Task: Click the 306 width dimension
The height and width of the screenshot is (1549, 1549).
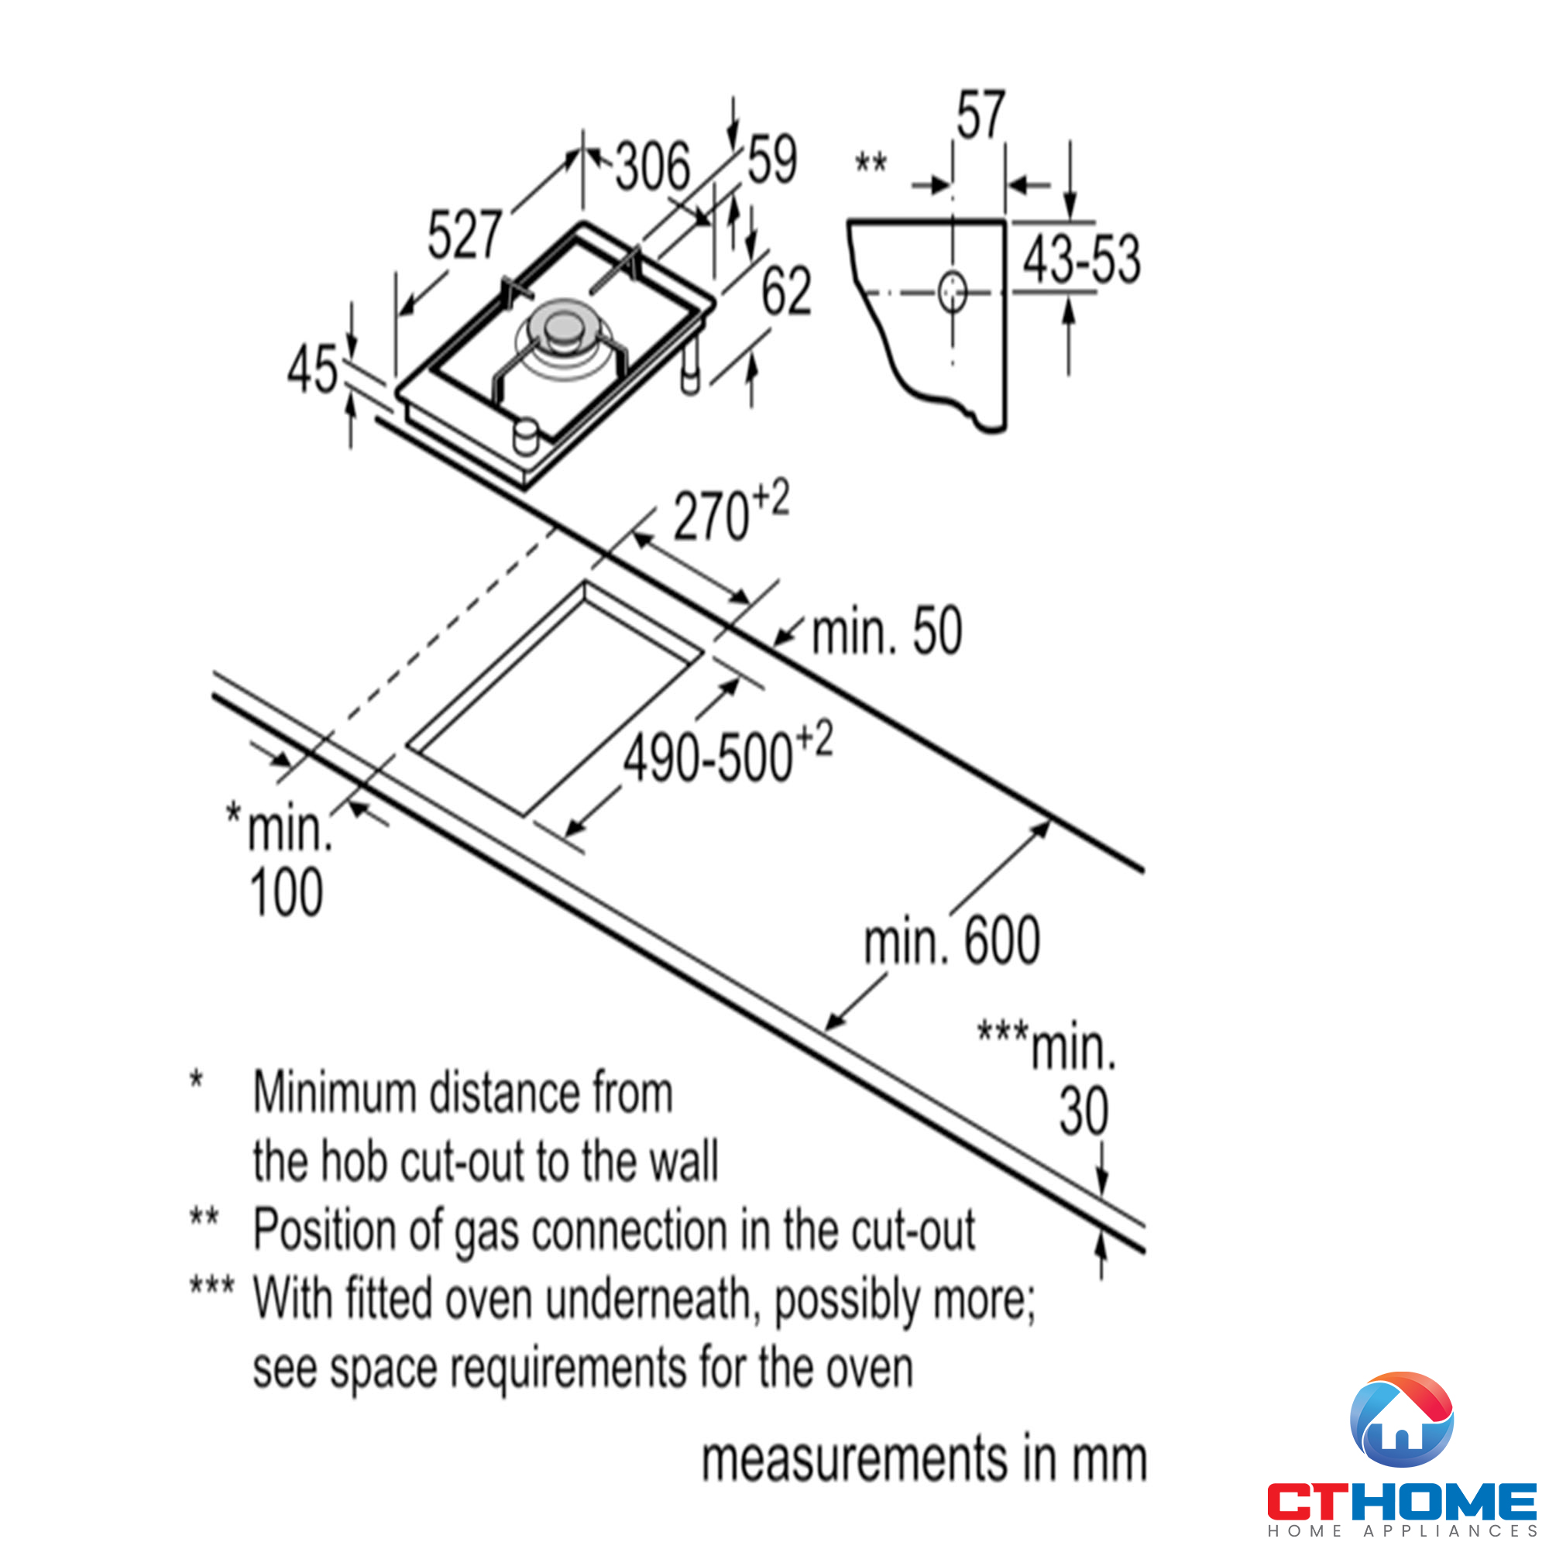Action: [x=653, y=167]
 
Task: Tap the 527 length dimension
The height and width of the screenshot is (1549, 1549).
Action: [x=465, y=235]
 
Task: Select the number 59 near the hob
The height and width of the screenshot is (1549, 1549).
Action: [x=772, y=159]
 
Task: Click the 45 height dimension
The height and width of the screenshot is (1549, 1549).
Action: [x=313, y=369]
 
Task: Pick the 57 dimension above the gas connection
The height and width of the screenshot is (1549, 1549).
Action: [x=980, y=115]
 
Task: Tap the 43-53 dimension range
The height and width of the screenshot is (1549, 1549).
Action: [x=1081, y=259]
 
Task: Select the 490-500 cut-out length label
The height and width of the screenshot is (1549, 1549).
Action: [x=728, y=753]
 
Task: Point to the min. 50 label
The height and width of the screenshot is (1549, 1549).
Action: [x=887, y=632]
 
